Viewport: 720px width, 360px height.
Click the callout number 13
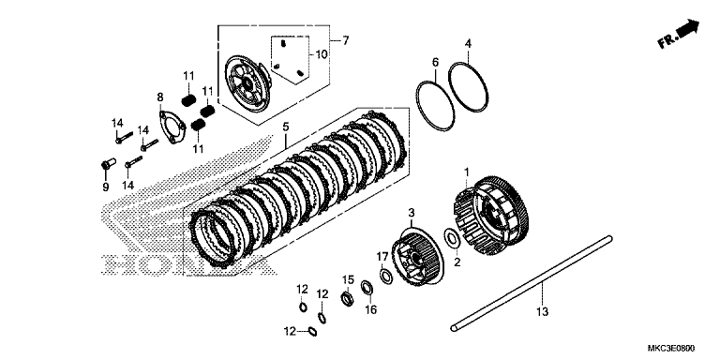pos(542,312)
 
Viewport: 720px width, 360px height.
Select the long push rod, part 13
pos(531,282)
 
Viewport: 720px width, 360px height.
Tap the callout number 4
pos(468,44)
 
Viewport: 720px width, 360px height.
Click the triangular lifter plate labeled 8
pos(172,127)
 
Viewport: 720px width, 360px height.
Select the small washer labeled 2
pos(452,238)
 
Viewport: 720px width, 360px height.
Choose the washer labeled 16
pos(367,288)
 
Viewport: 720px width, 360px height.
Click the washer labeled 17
pos(385,277)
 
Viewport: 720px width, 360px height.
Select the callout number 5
pos(286,127)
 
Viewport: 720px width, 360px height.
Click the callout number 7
pos(345,41)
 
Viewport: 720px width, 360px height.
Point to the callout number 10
pos(321,55)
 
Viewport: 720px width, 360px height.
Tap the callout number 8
pos(159,97)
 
